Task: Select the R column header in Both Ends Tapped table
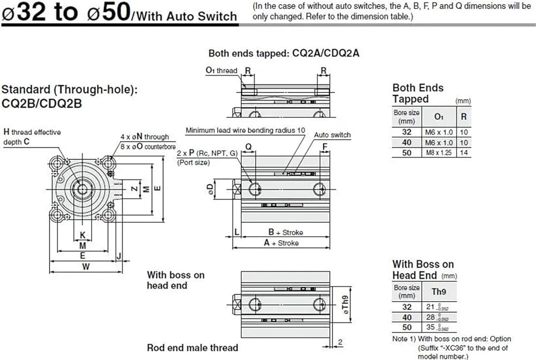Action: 463,116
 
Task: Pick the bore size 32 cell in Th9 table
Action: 407,307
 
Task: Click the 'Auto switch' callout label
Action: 332,135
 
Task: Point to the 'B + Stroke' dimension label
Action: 285,232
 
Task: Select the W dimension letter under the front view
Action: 85,266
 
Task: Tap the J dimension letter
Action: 118,256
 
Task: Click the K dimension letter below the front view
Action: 82,235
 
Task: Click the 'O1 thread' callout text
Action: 221,70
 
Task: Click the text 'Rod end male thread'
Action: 193,348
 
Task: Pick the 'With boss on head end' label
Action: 175,280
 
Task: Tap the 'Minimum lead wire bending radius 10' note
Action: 245,130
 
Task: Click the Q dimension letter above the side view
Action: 248,146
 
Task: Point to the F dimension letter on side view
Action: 324,146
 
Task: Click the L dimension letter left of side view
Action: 236,232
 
